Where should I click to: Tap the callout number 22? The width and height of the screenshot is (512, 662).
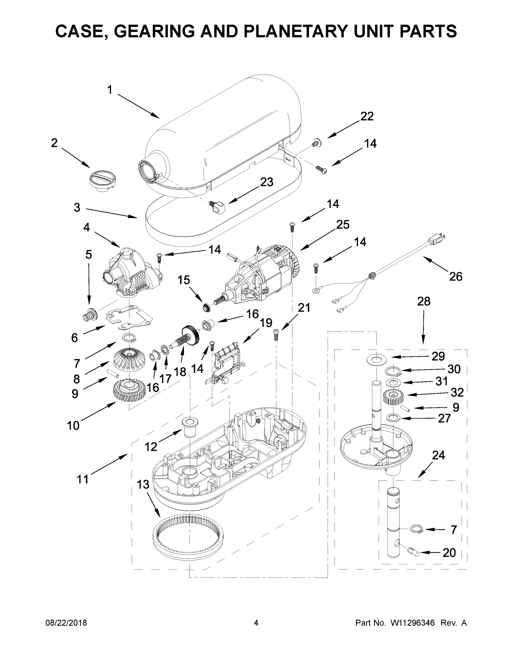tap(367, 116)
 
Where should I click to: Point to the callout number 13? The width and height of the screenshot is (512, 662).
tap(143, 484)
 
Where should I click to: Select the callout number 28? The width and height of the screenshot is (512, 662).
tap(423, 301)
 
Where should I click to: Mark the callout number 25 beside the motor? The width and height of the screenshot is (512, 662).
tap(343, 225)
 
